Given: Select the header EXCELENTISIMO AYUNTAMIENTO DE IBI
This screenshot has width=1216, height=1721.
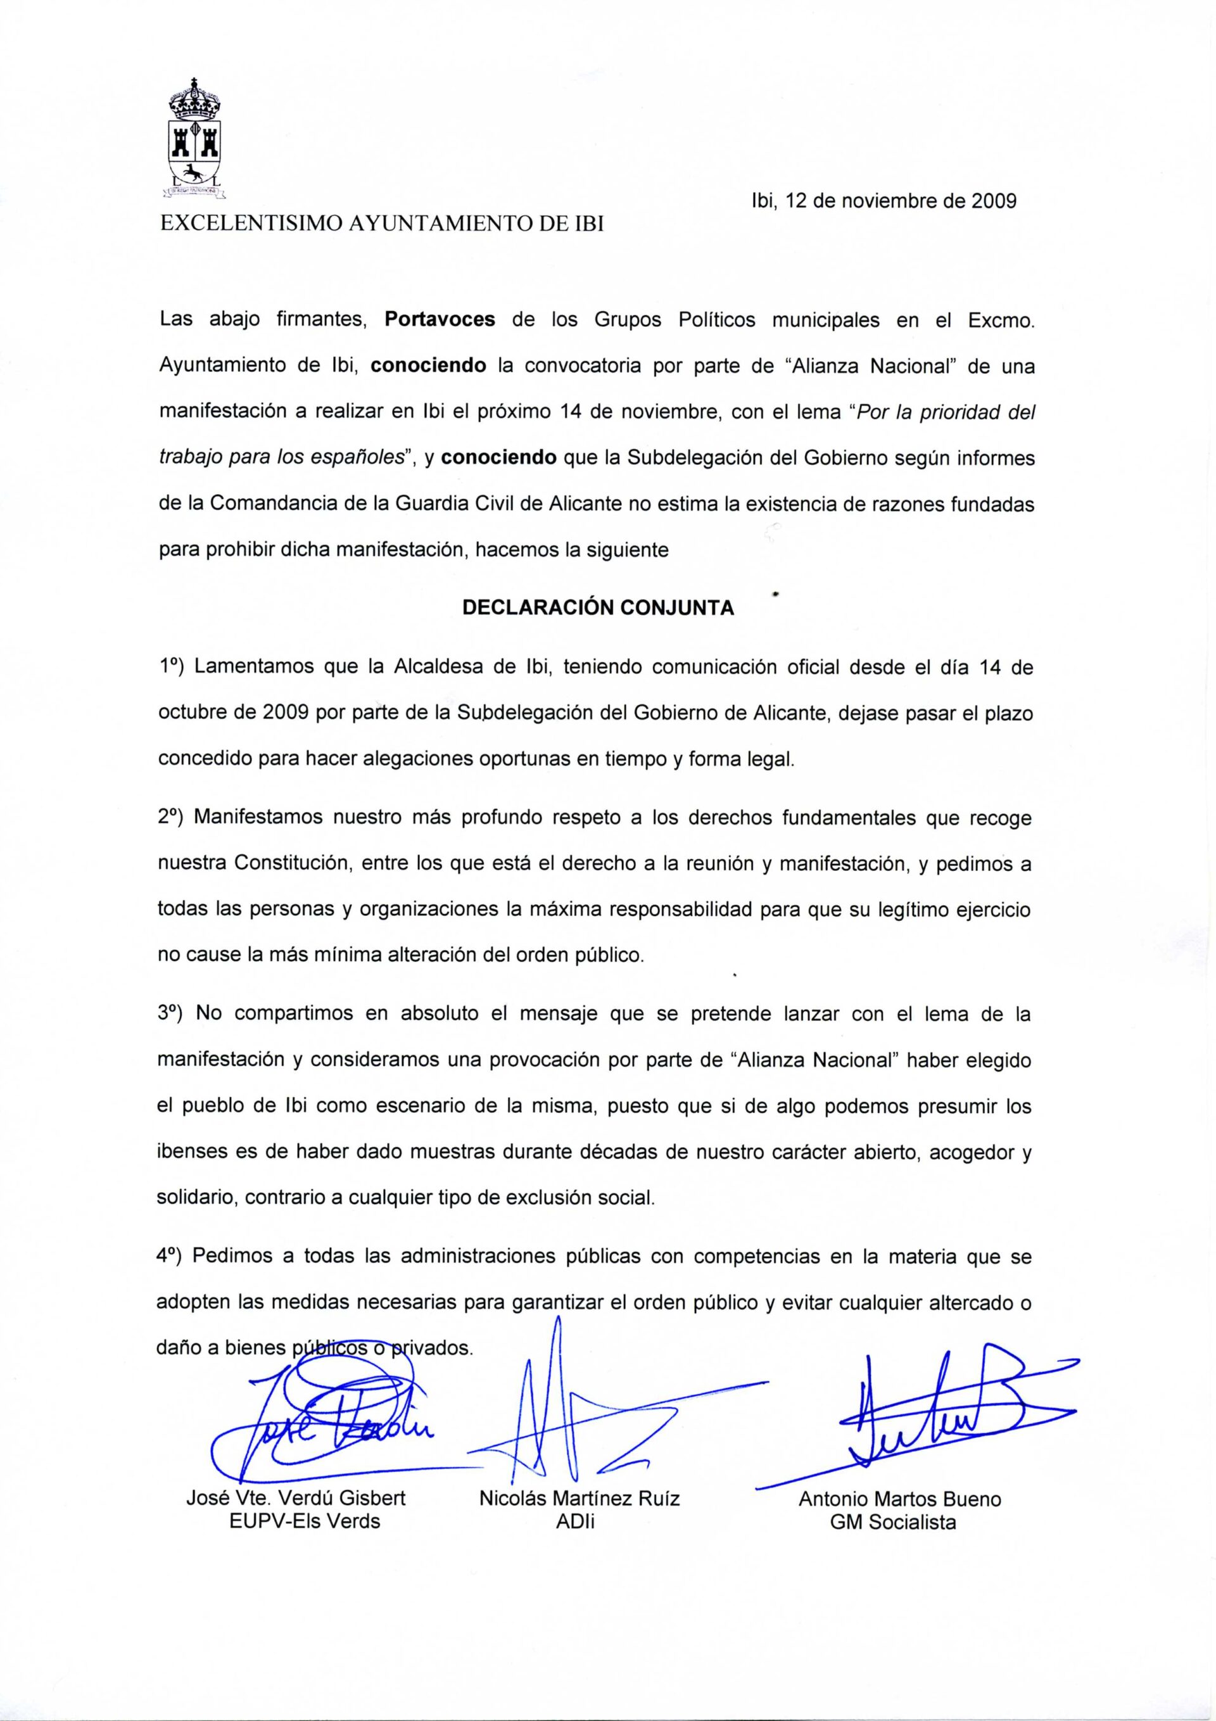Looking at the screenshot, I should pos(383,224).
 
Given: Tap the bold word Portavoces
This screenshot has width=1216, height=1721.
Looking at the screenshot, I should pos(440,320).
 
